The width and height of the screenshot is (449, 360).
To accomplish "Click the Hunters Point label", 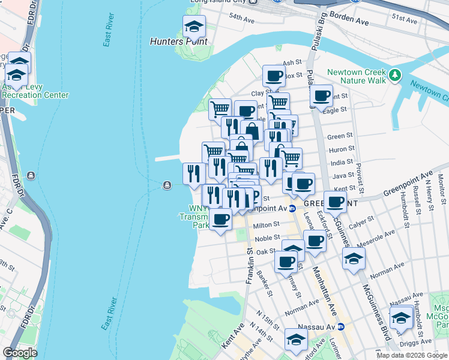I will point(178,42).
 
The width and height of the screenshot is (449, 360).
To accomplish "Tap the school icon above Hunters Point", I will point(194,27).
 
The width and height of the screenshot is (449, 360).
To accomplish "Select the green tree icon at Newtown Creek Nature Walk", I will point(394,75).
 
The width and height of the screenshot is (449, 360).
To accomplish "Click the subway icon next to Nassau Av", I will point(340,327).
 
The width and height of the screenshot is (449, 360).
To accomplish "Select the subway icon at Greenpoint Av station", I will point(292,209).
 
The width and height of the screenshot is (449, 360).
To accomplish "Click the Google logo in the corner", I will point(20,353).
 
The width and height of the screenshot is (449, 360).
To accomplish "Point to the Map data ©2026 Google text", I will point(412,355).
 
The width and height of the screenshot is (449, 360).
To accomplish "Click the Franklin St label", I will point(249,264).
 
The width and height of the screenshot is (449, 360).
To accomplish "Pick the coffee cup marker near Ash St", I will point(274,76).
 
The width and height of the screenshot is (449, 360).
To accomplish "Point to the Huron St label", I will point(342,149).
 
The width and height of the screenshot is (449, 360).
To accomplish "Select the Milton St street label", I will point(267,224).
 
